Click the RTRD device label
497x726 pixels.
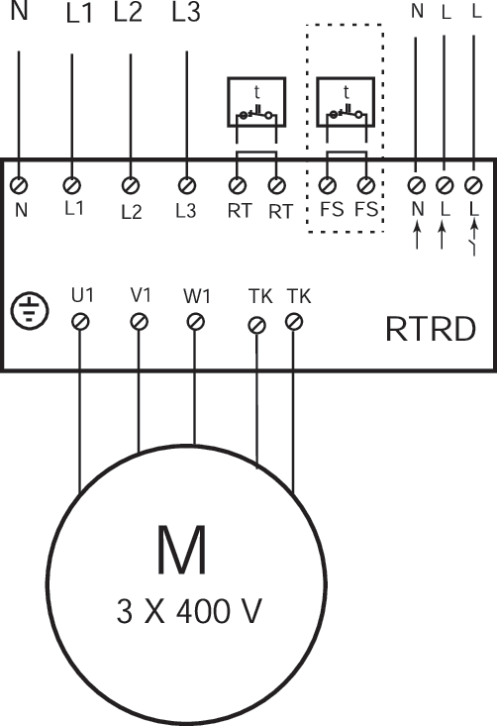tap(432, 330)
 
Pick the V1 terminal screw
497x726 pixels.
tap(139, 322)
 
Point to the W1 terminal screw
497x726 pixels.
tap(195, 322)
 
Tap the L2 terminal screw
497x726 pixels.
tap(129, 185)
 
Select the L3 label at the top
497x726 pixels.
tap(185, 15)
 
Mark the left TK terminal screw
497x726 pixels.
tap(257, 324)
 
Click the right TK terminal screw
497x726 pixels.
tap(293, 322)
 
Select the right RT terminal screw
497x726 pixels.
tap(277, 185)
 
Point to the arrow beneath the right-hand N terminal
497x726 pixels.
tap(417, 235)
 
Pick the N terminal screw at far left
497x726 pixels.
tap(19, 185)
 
